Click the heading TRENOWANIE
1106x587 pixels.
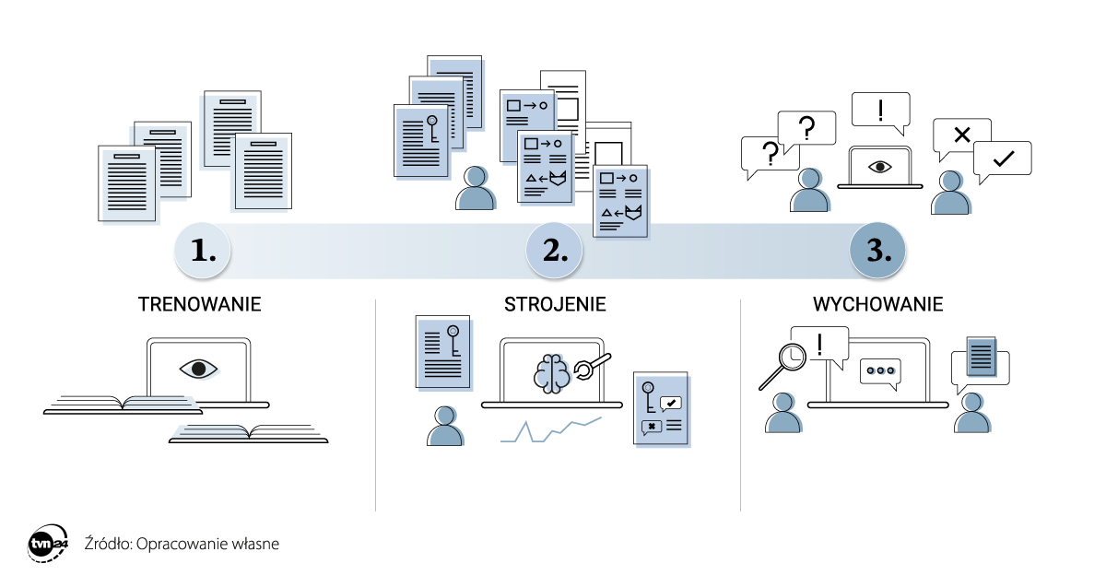pyautogui.click(x=199, y=304)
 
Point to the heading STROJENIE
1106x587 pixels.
pyautogui.click(x=555, y=304)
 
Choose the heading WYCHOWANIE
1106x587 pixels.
pyautogui.click(x=878, y=304)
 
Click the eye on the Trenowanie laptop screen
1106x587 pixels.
pyautogui.click(x=198, y=369)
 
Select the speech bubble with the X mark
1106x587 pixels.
pyautogui.click(x=961, y=136)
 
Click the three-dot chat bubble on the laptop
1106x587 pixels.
pyautogui.click(x=879, y=371)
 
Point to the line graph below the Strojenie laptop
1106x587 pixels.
pyautogui.click(x=550, y=430)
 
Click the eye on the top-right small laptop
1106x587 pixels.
pyautogui.click(x=879, y=167)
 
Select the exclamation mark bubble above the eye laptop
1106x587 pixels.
pyautogui.click(x=880, y=110)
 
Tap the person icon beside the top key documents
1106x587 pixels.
pyautogui.click(x=476, y=188)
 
